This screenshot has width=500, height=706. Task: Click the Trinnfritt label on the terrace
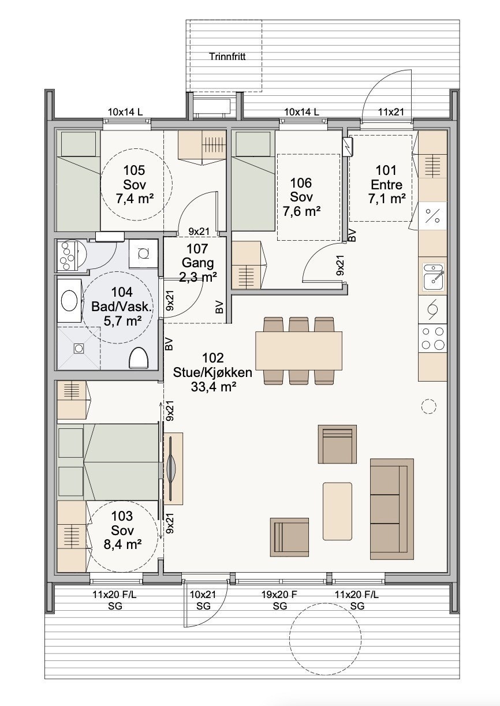point(227,57)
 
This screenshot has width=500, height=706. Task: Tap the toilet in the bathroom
point(139,357)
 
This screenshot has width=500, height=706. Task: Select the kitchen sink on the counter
point(433,277)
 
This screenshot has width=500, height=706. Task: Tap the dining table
point(298,350)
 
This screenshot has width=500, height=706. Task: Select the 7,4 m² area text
point(135,199)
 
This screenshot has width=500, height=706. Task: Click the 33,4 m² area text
point(214,387)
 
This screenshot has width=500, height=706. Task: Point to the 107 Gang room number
point(197,249)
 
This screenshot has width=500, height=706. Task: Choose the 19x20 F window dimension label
point(279,595)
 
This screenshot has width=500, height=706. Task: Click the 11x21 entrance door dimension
point(391,112)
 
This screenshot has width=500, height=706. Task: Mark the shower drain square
point(77,348)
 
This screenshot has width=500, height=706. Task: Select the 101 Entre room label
point(386,177)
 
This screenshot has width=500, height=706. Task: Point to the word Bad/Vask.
point(122,307)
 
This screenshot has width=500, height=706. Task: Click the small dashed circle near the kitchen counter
point(428,406)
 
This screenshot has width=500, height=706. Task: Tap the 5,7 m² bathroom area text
point(122,321)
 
